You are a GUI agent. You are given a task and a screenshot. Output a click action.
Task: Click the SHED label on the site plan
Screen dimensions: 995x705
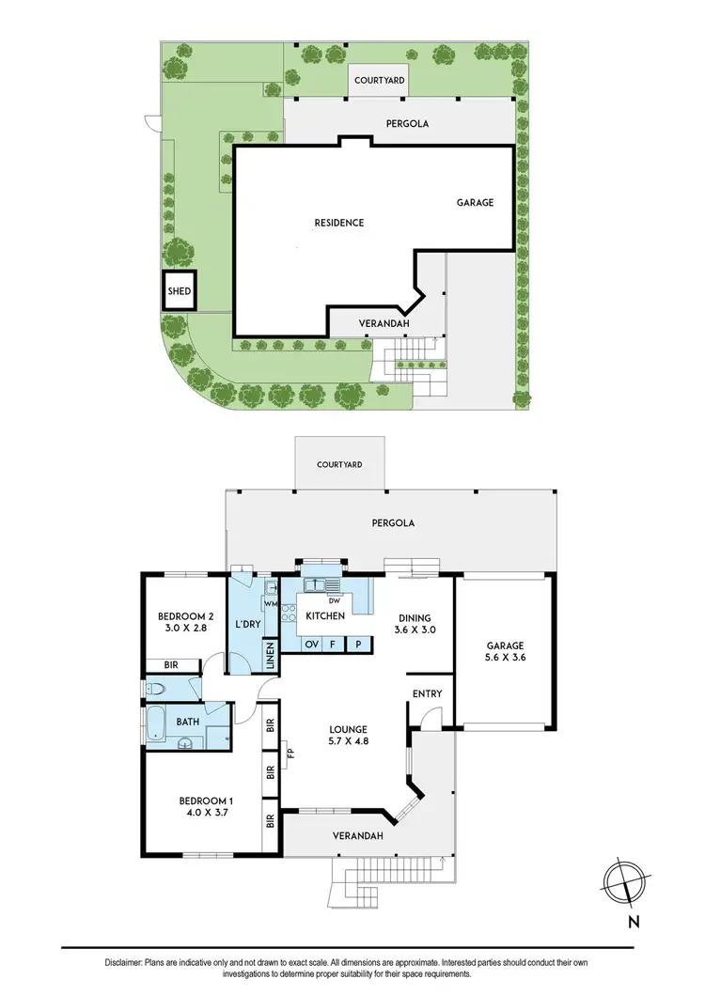[179, 291]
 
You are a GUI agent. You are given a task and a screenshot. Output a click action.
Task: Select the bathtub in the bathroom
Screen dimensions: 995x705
[155, 725]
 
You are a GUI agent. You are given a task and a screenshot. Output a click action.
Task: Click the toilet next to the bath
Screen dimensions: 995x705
[157, 691]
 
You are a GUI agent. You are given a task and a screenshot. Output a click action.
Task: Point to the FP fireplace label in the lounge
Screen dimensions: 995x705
[290, 753]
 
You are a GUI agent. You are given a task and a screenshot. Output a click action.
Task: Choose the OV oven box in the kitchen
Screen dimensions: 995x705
[311, 645]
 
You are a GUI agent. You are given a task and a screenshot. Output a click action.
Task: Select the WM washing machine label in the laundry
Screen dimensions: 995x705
[270, 605]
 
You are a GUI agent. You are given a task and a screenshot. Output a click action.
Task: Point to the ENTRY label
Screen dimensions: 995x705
[428, 694]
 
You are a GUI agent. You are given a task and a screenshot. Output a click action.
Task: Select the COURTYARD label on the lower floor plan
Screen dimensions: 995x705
[339, 465]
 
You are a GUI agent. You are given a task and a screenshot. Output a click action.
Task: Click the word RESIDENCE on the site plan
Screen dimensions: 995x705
[338, 223]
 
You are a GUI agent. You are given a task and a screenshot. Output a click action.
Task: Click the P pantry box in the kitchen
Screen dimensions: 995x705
[358, 645]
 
